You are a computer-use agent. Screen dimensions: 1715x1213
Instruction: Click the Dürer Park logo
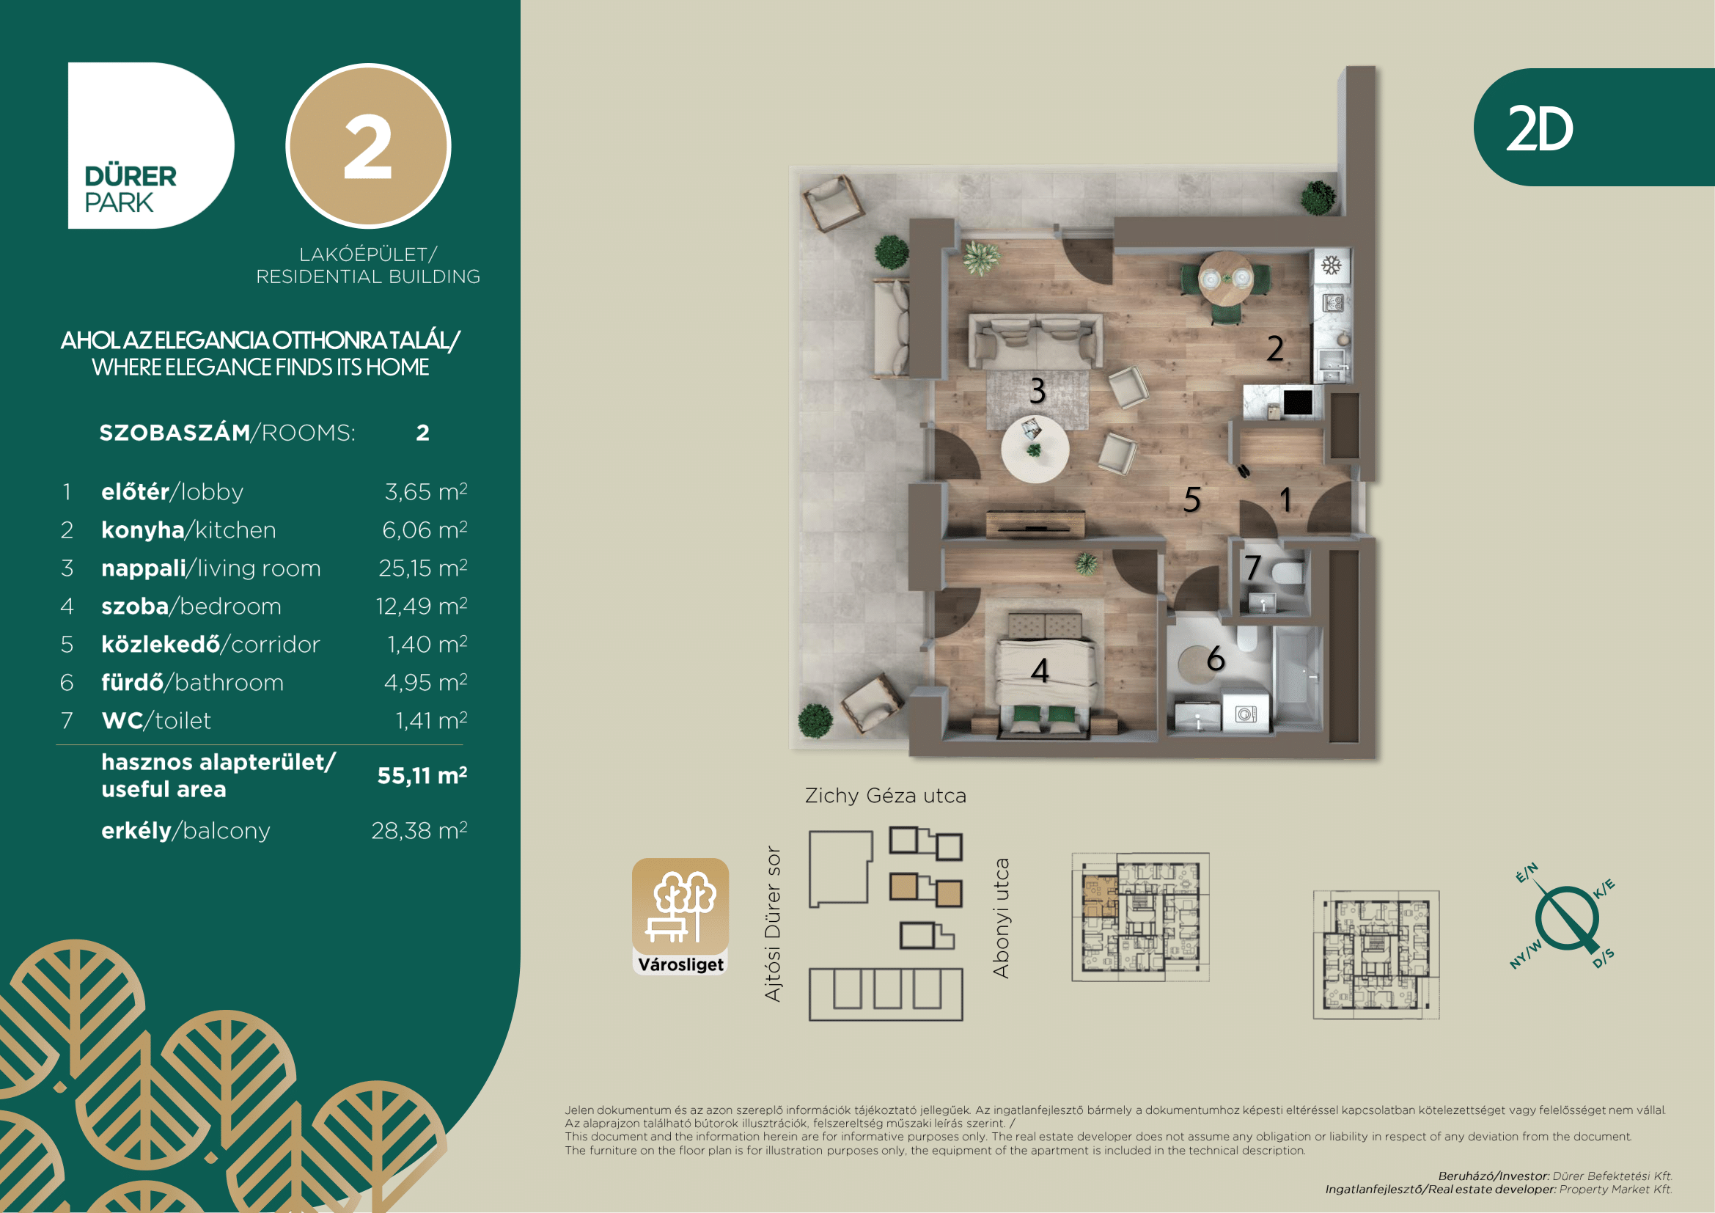(150, 146)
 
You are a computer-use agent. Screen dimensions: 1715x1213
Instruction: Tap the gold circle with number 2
(368, 146)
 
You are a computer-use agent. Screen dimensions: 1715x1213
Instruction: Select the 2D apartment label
(1540, 129)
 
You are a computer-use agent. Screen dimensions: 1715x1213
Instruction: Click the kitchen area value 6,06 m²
(425, 529)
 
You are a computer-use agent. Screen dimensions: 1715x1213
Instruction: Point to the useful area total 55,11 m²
(422, 775)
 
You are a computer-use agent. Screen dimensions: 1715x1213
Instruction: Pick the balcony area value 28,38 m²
(419, 830)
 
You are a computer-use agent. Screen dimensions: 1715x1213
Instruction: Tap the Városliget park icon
(680, 917)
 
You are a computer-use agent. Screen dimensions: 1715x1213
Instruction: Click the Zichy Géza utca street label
(886, 796)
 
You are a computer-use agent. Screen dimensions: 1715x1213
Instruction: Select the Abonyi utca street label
(1001, 918)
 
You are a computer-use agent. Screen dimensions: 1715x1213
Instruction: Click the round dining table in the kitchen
(1226, 278)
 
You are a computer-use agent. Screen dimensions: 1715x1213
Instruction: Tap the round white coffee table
(1035, 449)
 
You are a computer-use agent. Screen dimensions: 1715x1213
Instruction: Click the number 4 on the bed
(1040, 670)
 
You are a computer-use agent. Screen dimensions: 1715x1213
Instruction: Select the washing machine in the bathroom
(1245, 714)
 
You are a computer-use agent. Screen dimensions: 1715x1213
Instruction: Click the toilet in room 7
(1288, 573)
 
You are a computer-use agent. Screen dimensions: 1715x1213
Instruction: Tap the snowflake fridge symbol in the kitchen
(1332, 265)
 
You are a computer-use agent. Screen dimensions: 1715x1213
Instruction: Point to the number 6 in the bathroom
(1215, 659)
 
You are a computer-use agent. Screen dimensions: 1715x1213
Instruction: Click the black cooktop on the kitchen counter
(1298, 403)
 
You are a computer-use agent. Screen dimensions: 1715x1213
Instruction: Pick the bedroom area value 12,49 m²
(422, 606)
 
